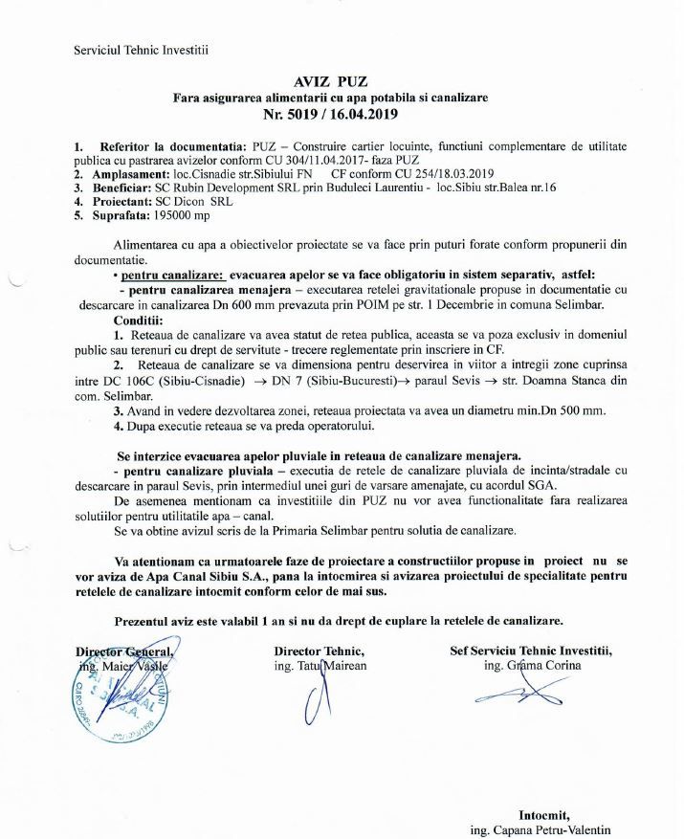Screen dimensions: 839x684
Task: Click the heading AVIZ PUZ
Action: pos(342,80)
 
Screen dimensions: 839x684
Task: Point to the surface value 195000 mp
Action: pos(158,216)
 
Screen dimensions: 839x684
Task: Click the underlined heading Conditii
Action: pos(139,319)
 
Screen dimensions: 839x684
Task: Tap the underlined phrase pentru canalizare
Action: pos(164,274)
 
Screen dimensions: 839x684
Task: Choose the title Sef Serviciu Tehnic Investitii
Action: pos(530,651)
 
